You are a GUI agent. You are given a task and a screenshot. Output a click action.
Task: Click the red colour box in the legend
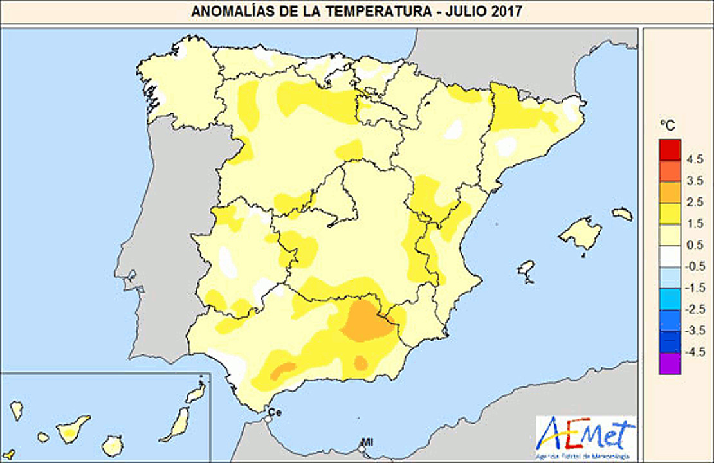(x=670, y=149)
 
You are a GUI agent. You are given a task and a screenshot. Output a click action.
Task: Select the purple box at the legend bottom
(x=670, y=364)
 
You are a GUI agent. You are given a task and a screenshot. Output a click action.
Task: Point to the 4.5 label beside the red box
(x=695, y=159)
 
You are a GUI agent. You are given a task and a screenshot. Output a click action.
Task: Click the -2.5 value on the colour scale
(x=695, y=310)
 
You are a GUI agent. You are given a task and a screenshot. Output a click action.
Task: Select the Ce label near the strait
(x=275, y=412)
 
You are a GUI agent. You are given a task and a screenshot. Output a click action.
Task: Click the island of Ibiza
(x=527, y=270)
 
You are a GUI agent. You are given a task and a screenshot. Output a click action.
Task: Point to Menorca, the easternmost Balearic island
(x=623, y=214)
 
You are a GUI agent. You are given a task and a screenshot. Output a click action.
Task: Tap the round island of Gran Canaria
(x=113, y=445)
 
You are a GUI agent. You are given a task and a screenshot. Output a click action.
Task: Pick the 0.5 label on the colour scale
(x=695, y=245)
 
